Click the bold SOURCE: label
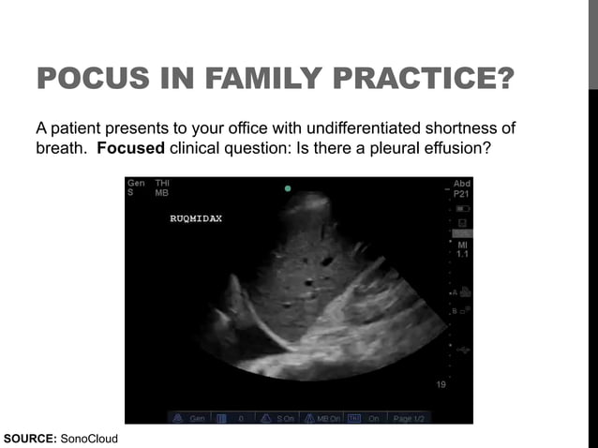30,438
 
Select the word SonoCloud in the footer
89,438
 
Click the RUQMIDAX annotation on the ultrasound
196,218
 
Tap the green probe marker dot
288,188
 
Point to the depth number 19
441,384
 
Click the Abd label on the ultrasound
462,183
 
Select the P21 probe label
462,193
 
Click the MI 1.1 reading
462,249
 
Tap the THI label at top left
162,183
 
